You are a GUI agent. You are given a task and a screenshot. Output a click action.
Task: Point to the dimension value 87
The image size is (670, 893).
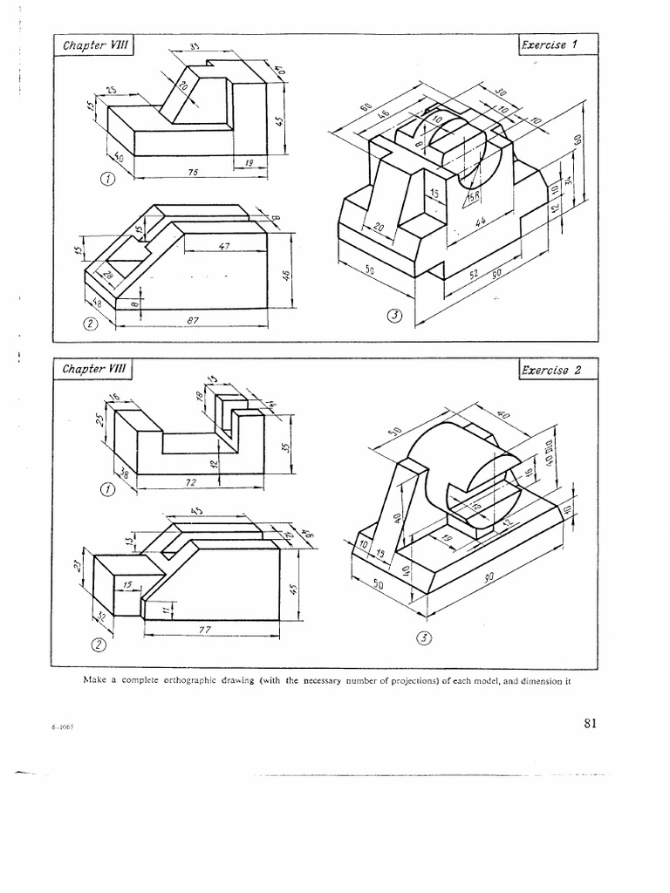194,321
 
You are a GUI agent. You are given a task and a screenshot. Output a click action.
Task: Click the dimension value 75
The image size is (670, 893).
195,173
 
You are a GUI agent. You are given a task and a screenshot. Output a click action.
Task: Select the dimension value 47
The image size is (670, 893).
223,247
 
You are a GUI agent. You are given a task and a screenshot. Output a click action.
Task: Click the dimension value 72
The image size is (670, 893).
191,481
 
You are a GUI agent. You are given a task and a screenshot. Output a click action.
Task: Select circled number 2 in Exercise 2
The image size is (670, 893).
99,645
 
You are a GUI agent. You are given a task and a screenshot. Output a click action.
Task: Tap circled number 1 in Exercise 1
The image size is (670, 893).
107,180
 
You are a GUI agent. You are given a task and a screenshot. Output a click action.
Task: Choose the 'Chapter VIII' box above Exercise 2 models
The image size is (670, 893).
94,370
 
